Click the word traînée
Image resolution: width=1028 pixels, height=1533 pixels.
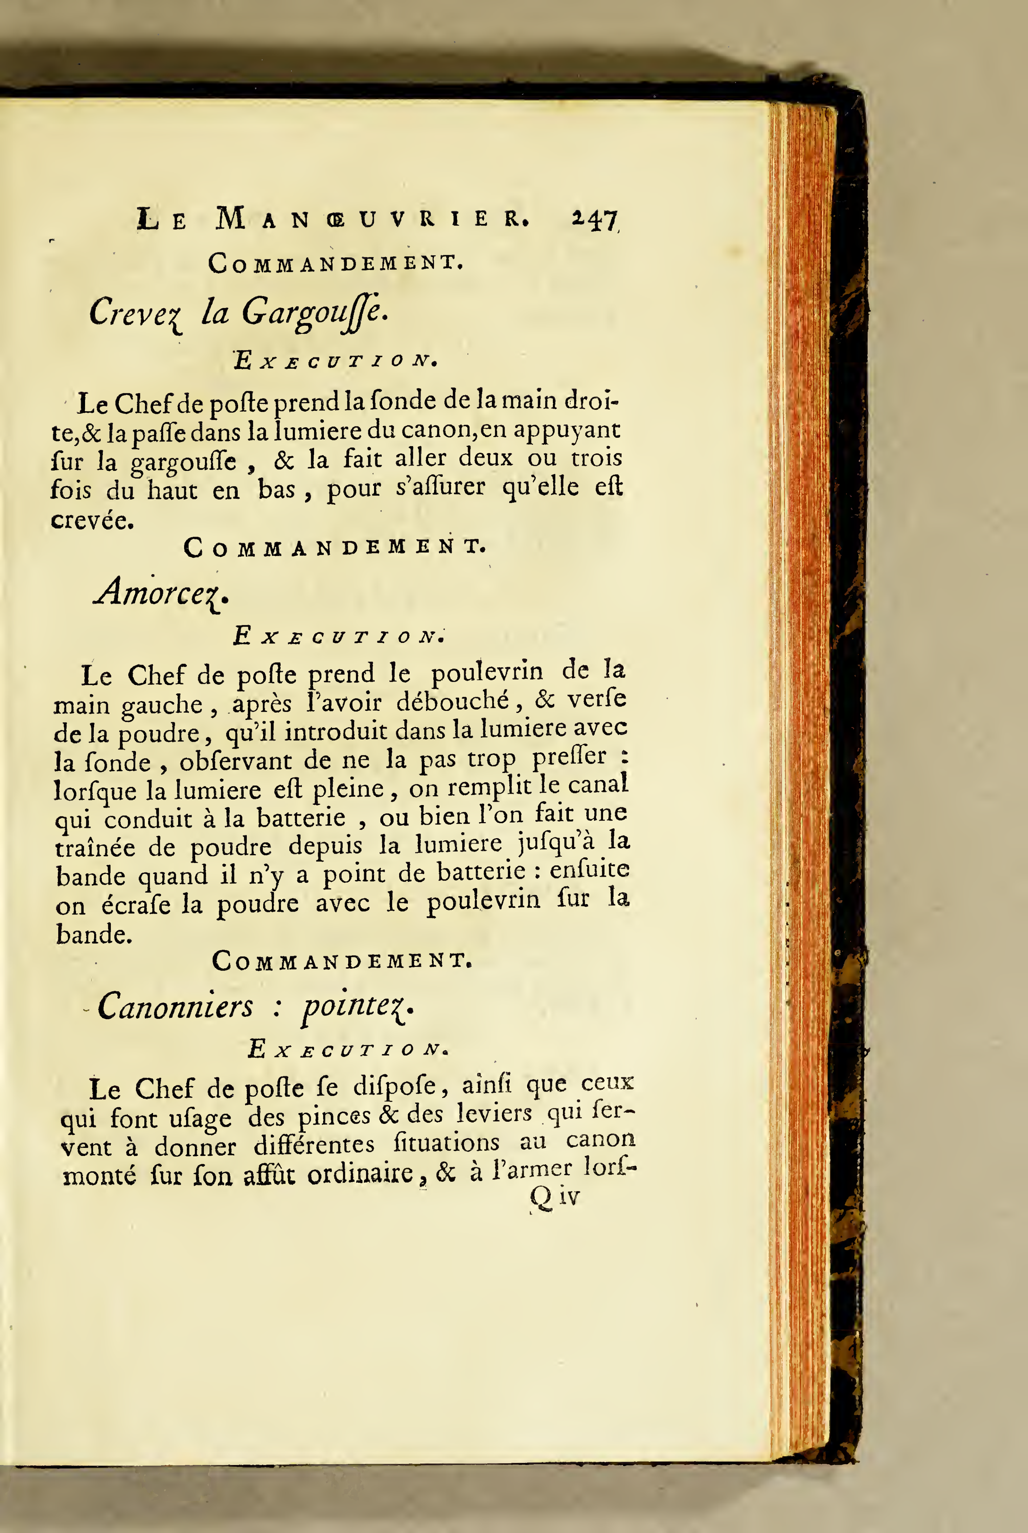95,848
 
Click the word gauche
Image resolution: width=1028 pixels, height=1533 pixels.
162,705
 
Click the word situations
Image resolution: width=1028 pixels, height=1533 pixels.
446,1143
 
